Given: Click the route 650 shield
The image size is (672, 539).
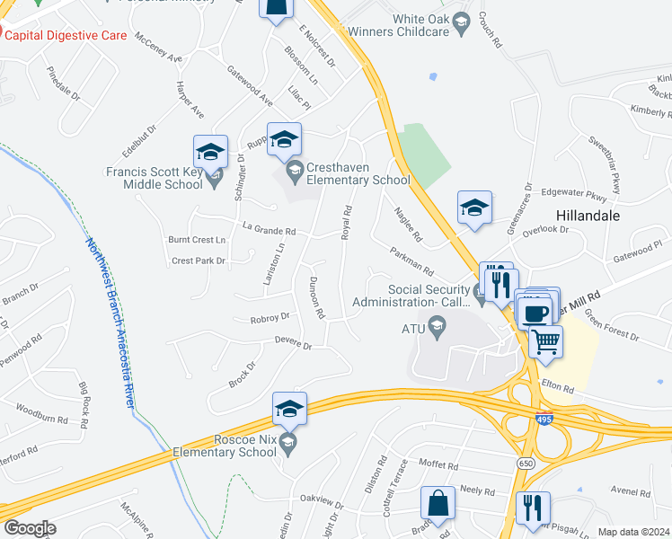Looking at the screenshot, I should pyautogui.click(x=526, y=462).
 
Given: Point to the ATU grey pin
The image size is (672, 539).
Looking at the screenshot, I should pyautogui.click(x=437, y=329).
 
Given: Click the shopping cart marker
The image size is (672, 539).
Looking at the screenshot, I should pyautogui.click(x=545, y=340).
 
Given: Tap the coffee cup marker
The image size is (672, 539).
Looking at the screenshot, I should pyautogui.click(x=535, y=313).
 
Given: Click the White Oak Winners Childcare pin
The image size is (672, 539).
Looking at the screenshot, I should pyautogui.click(x=462, y=22).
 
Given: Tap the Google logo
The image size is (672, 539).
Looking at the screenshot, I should pyautogui.click(x=30, y=528).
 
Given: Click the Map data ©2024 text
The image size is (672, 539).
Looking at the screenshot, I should pyautogui.click(x=633, y=532).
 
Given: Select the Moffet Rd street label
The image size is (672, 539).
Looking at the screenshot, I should pyautogui.click(x=439, y=467).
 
